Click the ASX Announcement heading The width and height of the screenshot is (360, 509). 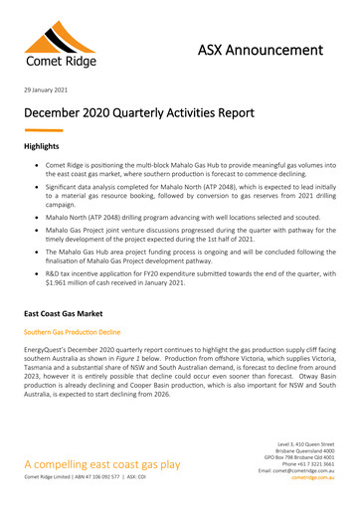coord(261,50)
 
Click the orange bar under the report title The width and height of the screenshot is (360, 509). coord(43,130)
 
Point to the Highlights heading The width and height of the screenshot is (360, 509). coord(45,146)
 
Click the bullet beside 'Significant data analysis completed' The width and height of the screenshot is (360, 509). coord(36,186)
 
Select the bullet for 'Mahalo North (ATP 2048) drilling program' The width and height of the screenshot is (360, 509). coord(36,218)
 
